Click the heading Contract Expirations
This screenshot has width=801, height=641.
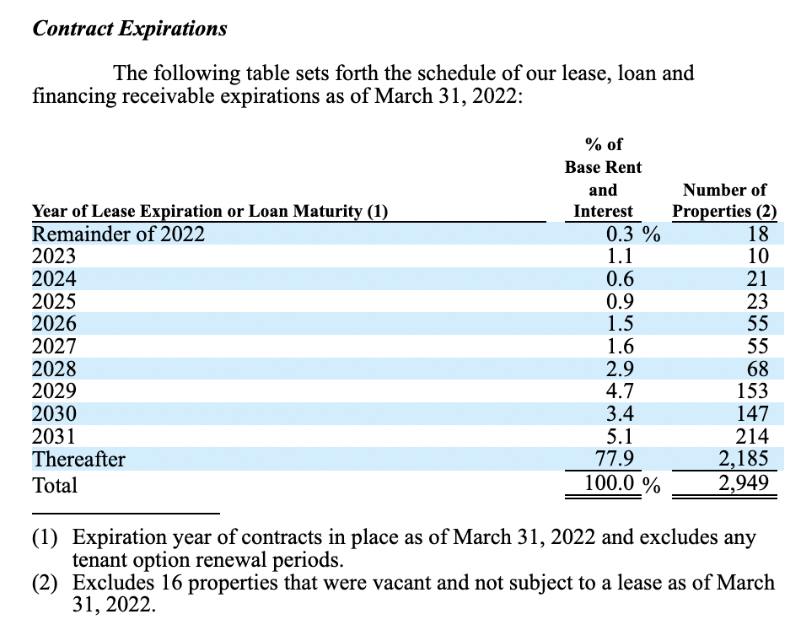click(129, 28)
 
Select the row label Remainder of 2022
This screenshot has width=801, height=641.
click(118, 234)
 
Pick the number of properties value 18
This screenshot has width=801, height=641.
click(758, 234)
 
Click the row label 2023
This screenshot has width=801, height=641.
click(53, 256)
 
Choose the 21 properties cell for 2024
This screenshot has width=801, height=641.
click(758, 278)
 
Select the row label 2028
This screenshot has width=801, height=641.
click(53, 369)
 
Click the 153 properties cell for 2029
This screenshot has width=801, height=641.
click(753, 391)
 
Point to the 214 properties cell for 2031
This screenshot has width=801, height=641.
click(753, 436)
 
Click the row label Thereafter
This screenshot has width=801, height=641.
click(78, 460)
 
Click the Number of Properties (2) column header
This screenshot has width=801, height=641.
click(724, 201)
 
